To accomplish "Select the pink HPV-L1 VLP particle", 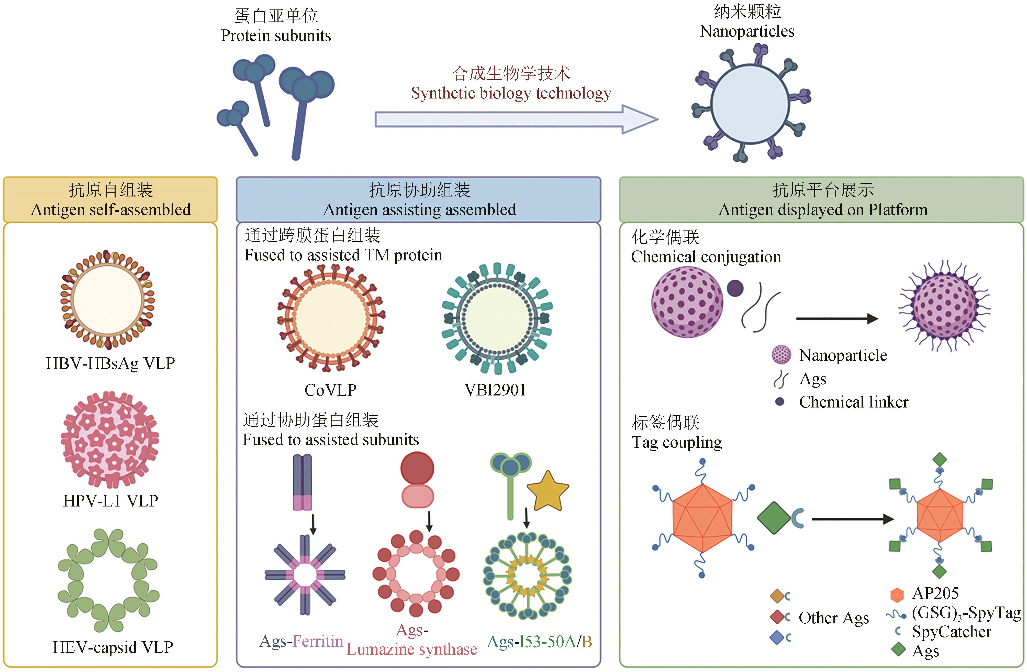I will click(110, 439).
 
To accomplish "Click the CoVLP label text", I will click(331, 390).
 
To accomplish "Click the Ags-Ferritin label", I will click(301, 641).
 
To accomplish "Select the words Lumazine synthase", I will click(412, 649).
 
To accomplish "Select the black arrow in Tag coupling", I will click(852, 519).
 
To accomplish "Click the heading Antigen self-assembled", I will click(110, 210).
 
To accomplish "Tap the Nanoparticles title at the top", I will click(747, 31).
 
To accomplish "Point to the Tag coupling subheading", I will click(677, 442).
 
